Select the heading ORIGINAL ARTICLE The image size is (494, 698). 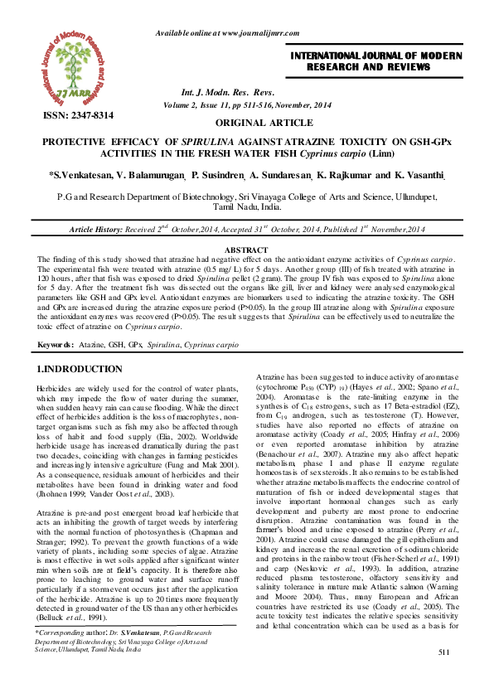pos(247,122)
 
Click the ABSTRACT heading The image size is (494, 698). pos(246,250)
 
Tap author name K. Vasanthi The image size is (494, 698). pos(419,176)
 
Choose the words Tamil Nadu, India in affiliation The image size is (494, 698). pos(247,209)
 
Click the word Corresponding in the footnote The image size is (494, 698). pos(59,656)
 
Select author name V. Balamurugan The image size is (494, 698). pos(147,176)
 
